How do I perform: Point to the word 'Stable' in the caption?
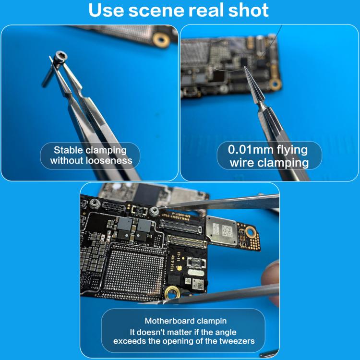67,150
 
